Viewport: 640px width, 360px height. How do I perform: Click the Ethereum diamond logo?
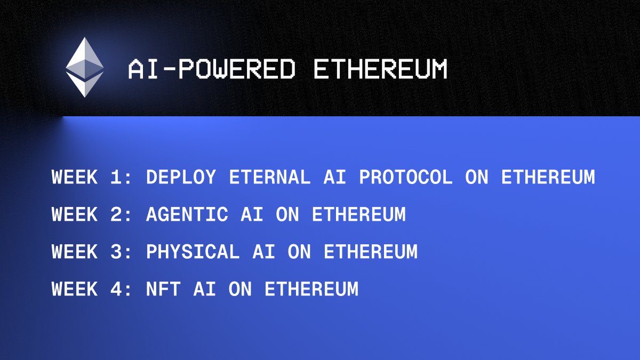click(x=85, y=67)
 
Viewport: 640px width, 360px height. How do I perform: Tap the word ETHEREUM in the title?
click(x=380, y=70)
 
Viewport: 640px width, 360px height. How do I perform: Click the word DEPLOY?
click(x=181, y=177)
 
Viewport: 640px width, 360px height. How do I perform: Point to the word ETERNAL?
click(x=270, y=177)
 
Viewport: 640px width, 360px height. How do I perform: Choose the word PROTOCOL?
click(x=406, y=177)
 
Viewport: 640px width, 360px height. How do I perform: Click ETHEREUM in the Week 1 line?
click(x=548, y=177)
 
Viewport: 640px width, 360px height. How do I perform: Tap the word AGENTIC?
click(x=187, y=214)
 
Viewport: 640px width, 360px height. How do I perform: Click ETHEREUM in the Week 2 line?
click(x=359, y=214)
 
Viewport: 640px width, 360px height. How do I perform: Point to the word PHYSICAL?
click(x=193, y=252)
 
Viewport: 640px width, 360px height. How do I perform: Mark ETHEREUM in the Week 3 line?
click(x=371, y=252)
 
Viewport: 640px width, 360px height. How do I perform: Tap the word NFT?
click(x=163, y=289)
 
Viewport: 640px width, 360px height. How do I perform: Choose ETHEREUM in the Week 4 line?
click(x=311, y=289)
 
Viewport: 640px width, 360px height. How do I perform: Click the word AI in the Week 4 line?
click(x=205, y=289)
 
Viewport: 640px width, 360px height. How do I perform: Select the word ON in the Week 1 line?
click(x=477, y=177)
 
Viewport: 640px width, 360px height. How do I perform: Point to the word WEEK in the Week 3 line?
click(x=75, y=252)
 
